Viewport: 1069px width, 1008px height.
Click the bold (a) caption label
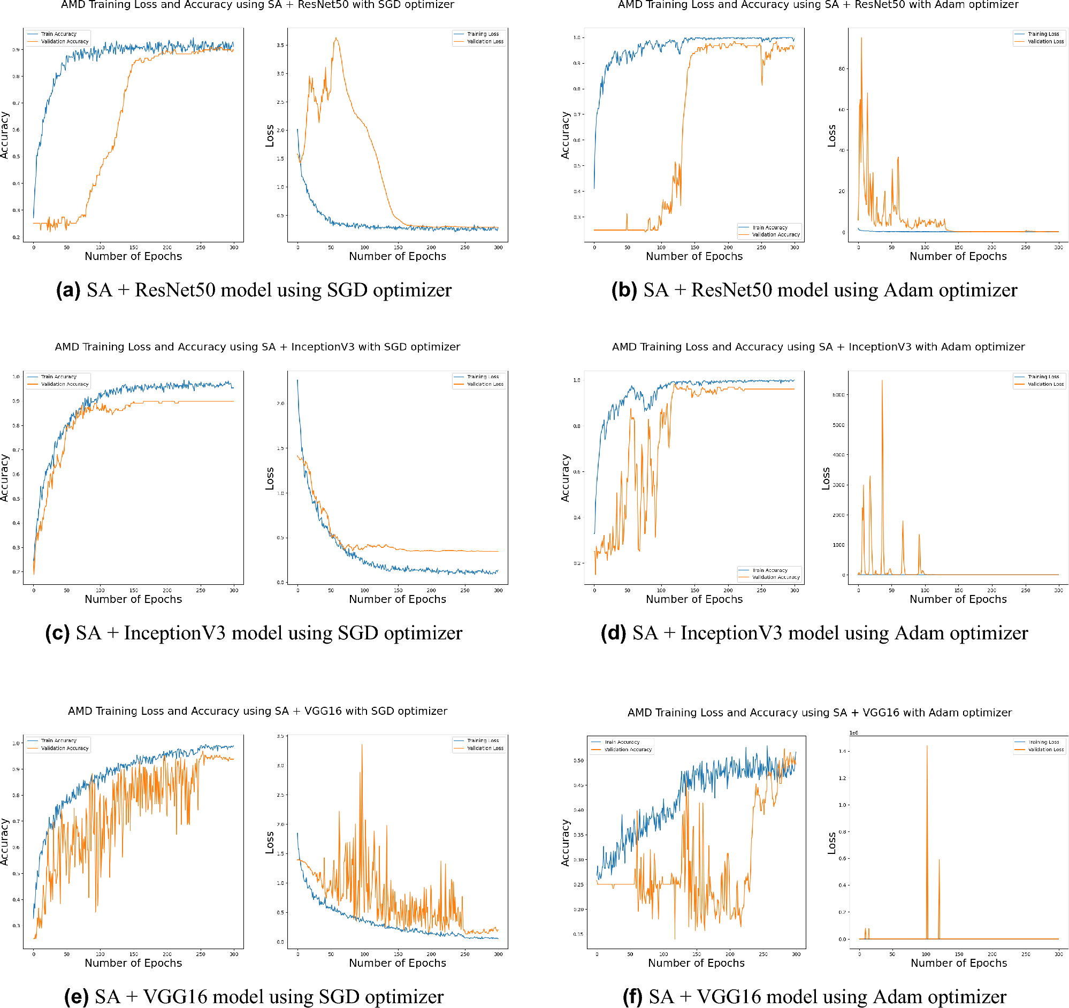pos(68,291)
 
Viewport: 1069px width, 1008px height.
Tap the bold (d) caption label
pos(613,633)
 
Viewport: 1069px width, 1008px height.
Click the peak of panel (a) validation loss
pos(336,38)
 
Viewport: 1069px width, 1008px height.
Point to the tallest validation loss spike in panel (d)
pos(882,380)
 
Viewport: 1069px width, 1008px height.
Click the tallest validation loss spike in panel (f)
pos(927,746)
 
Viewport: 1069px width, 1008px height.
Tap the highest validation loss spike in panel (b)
pos(861,38)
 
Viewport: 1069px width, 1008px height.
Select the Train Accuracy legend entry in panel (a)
pos(59,34)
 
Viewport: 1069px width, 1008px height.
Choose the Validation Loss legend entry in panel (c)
pos(485,384)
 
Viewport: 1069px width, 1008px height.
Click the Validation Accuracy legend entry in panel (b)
pos(775,235)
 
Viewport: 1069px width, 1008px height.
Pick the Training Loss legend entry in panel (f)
pos(1044,742)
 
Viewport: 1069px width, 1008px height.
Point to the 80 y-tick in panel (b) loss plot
pos(842,69)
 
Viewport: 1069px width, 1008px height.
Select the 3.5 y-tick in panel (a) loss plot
pos(280,45)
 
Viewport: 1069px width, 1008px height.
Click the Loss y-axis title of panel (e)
pos(270,843)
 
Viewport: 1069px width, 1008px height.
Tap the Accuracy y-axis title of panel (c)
pos(5,478)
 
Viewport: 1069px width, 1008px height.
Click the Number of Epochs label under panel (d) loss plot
pos(958,599)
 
